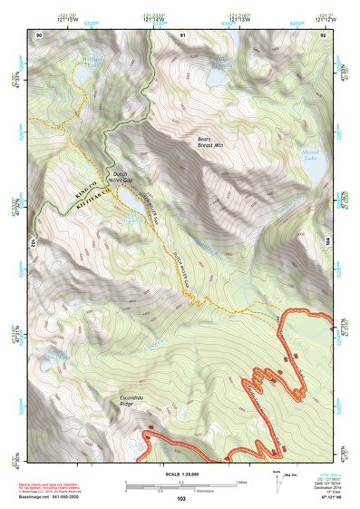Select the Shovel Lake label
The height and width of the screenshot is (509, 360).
click(311, 156)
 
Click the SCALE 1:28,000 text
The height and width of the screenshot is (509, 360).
click(181, 475)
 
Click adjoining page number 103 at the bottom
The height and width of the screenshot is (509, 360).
click(181, 499)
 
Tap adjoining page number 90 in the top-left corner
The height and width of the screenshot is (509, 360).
click(38, 34)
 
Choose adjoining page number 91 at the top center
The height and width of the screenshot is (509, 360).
click(181, 34)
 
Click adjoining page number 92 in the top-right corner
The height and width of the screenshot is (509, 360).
click(323, 34)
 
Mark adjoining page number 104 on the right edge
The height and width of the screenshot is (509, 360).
click(328, 242)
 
